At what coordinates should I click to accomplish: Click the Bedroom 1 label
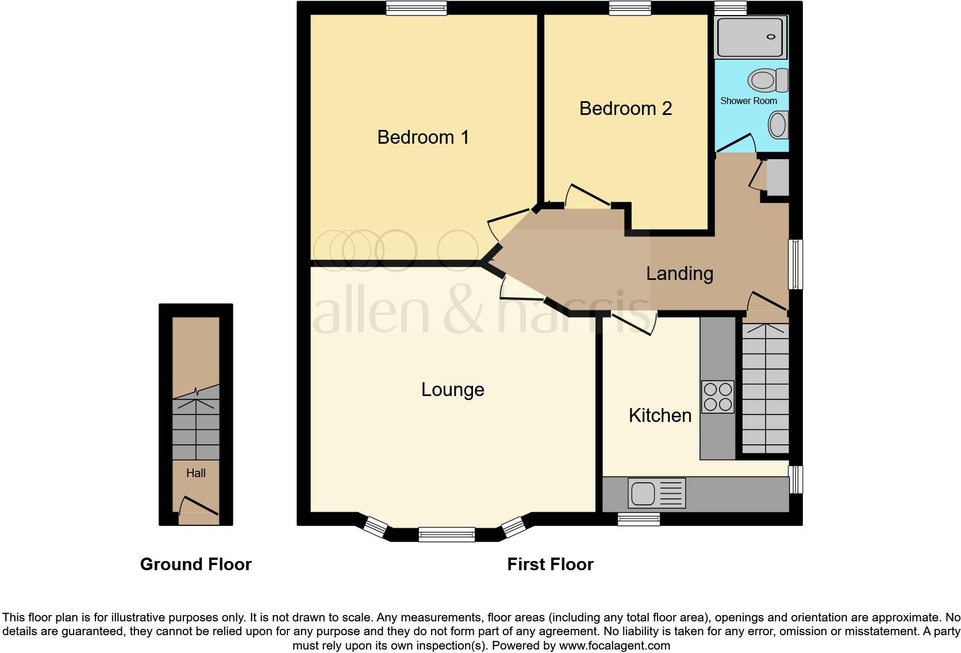pos(423,137)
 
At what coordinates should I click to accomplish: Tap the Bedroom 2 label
pos(625,109)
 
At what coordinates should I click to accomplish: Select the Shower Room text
pos(748,101)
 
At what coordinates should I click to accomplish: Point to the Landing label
pos(679,274)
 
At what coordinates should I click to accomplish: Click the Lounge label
pos(453,390)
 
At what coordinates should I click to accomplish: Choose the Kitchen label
pos(660,416)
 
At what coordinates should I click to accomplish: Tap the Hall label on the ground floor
pos(195,473)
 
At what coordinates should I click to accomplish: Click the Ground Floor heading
pos(195,564)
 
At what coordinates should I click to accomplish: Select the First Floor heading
pos(550,564)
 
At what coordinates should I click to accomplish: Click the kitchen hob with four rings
pos(718,397)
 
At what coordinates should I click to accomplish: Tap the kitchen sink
pos(643,493)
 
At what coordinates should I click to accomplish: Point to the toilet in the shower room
pos(767,80)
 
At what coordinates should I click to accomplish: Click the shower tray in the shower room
pos(749,37)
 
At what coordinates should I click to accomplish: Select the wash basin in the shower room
pos(778,124)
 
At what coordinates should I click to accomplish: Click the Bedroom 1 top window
pos(416,7)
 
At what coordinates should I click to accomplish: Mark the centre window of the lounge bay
pos(447,535)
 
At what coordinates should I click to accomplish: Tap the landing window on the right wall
pos(795,264)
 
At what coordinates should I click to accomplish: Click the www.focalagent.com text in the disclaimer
pos(614,646)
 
